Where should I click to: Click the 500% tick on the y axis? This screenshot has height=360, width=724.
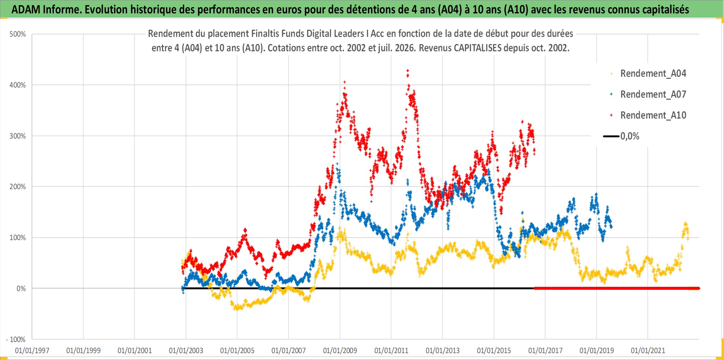pyautogui.click(x=18, y=34)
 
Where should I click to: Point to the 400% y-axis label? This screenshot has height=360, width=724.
pyautogui.click(x=18, y=85)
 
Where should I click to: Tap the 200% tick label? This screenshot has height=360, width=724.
pyautogui.click(x=18, y=187)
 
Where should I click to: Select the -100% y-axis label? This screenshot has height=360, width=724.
pyautogui.click(x=16, y=339)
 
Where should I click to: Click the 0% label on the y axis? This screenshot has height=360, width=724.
pyautogui.click(x=21, y=288)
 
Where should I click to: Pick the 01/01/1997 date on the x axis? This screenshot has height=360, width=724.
pyautogui.click(x=32, y=351)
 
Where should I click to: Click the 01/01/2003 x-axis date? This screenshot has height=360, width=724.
pyautogui.click(x=186, y=351)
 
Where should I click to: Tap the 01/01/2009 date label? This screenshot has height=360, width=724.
pyautogui.click(x=340, y=351)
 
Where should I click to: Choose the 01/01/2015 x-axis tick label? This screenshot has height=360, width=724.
pyautogui.click(x=494, y=351)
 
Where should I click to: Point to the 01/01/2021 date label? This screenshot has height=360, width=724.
pyautogui.click(x=648, y=351)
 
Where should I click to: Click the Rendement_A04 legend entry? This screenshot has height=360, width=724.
pyautogui.click(x=653, y=74)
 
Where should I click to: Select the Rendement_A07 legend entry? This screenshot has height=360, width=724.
pyautogui.click(x=653, y=94)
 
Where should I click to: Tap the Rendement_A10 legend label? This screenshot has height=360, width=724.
pyautogui.click(x=653, y=115)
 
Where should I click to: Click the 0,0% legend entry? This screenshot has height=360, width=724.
pyautogui.click(x=630, y=136)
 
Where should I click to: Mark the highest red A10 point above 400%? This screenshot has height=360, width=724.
pyautogui.click(x=407, y=70)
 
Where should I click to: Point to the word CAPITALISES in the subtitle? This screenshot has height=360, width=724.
pyautogui.click(x=478, y=48)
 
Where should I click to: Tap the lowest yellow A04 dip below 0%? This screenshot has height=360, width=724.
pyautogui.click(x=237, y=308)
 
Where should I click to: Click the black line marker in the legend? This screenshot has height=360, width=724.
pyautogui.click(x=611, y=136)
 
